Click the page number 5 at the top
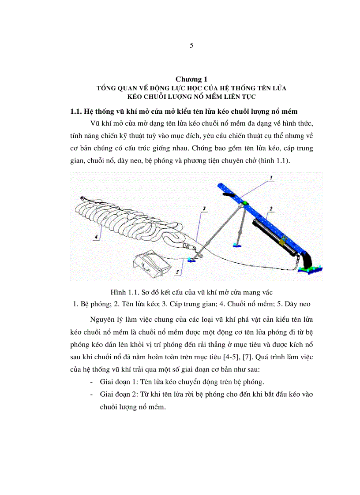191,45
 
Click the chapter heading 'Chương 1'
191,79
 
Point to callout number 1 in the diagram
272,177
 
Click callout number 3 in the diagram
204,207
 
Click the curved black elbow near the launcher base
306,258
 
